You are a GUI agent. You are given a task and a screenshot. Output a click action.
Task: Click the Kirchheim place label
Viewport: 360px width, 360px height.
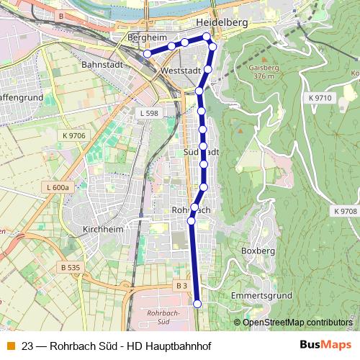[x=103, y=228]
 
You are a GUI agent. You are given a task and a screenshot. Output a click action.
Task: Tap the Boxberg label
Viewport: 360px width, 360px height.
[x=258, y=251]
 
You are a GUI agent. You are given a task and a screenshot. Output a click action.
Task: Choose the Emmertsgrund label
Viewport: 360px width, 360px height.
[x=261, y=296]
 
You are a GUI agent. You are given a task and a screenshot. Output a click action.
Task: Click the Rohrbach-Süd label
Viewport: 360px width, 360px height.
[x=162, y=318]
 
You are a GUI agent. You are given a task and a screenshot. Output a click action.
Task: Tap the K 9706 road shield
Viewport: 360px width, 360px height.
[x=73, y=135]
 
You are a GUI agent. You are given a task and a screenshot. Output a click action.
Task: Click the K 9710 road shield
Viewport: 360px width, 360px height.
[x=318, y=96]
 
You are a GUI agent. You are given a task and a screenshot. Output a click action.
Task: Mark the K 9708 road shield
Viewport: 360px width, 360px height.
[x=345, y=211]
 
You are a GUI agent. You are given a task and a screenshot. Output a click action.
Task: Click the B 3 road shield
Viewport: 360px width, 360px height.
[x=182, y=286]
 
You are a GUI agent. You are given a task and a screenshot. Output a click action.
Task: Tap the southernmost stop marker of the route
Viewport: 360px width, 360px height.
[x=197, y=305]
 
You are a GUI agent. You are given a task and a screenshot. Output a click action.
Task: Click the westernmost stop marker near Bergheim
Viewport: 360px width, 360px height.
[x=147, y=53]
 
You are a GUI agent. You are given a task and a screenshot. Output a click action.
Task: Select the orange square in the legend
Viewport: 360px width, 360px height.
[x=11, y=346]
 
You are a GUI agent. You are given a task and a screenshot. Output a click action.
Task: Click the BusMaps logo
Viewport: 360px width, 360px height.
[x=325, y=346]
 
